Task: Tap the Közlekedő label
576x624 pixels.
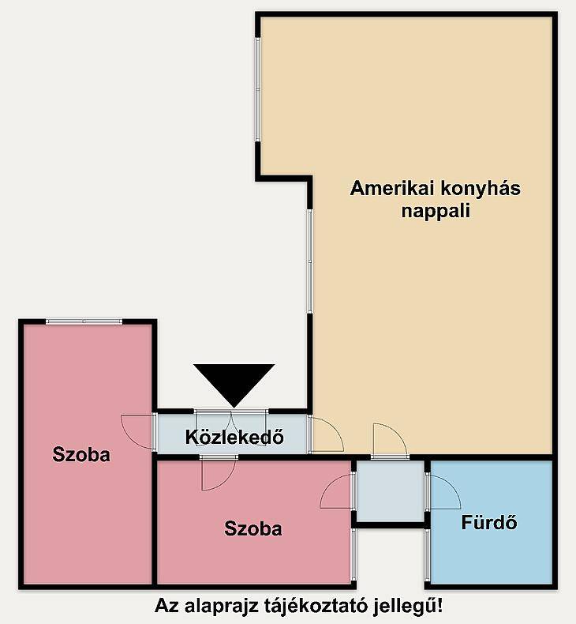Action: [234, 437]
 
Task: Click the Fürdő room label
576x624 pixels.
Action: [489, 522]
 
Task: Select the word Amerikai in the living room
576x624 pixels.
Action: [391, 188]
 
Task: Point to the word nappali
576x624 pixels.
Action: [436, 212]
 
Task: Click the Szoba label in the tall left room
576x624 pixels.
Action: [81, 454]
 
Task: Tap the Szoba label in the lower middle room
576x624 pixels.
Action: [252, 528]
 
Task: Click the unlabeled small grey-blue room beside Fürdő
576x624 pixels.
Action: [390, 491]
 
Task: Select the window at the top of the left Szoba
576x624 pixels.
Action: [84, 321]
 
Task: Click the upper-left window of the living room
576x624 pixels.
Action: [257, 89]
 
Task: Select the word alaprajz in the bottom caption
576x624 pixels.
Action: [222, 607]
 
